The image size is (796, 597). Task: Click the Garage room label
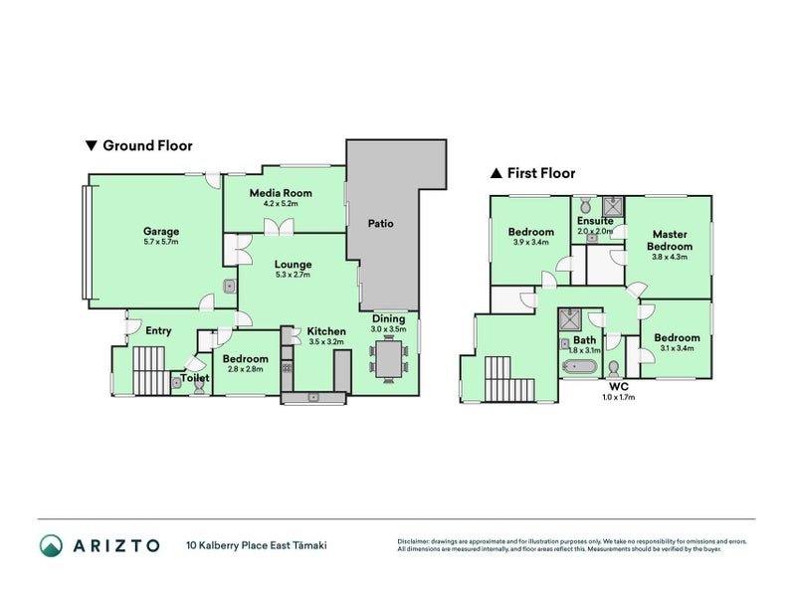click(161, 232)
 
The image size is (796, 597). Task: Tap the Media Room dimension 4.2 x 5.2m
click(281, 204)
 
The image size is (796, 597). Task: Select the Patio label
click(380, 224)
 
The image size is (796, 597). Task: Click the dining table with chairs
click(388, 360)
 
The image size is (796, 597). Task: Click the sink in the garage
click(230, 287)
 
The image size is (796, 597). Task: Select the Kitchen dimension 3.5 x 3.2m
click(325, 341)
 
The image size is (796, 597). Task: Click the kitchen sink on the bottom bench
click(313, 397)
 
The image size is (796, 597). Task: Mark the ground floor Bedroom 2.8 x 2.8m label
click(245, 359)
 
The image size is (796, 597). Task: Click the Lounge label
click(294, 264)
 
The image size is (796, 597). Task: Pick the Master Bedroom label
click(669, 240)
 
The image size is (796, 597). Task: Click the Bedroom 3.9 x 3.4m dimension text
click(530, 242)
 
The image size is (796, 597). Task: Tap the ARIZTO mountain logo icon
click(52, 544)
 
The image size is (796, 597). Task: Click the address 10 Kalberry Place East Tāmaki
click(256, 545)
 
